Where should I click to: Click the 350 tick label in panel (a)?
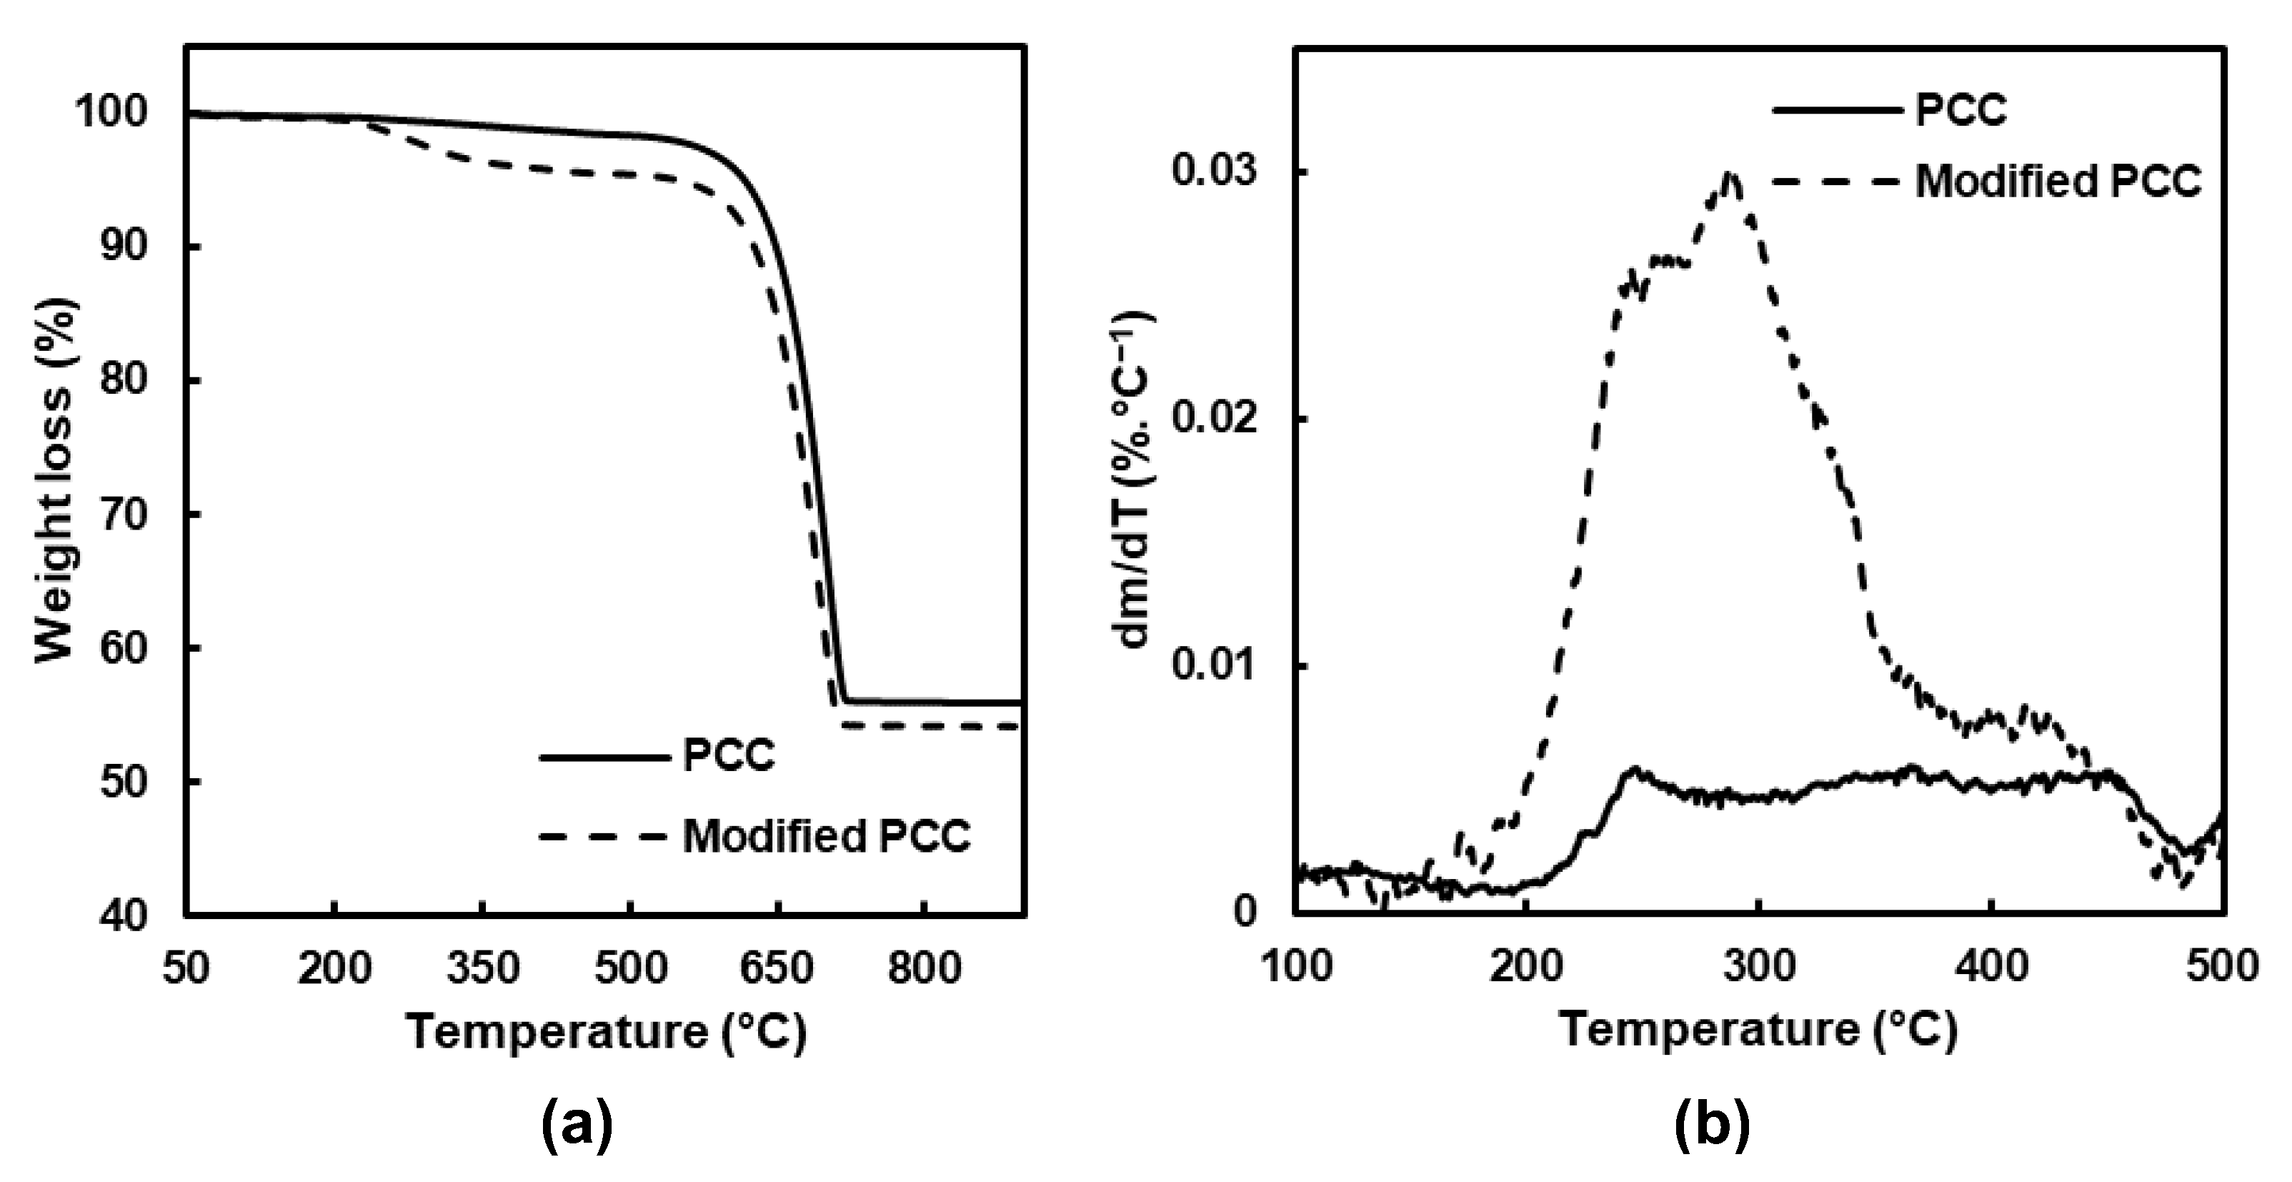tap(482, 968)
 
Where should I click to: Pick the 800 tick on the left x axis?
tap(925, 968)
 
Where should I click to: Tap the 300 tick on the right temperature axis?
tap(1758, 965)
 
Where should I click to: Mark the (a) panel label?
tap(577, 1127)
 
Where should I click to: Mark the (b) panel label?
tap(1711, 1127)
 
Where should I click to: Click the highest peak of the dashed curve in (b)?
tap(1730, 175)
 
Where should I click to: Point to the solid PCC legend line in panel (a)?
tap(602, 758)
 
